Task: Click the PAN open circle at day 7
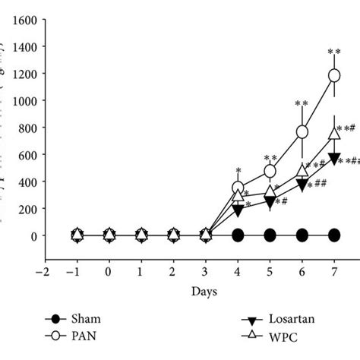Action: pos(334,75)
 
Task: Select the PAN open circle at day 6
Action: pos(302,131)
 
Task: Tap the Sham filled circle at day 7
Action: pos(334,235)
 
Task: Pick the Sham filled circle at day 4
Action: pos(238,235)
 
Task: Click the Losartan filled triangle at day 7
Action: pos(334,158)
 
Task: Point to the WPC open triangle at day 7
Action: pos(334,134)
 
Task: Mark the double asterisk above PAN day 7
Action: pos(334,52)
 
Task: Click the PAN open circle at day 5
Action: pos(270,172)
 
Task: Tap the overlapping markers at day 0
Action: pos(109,235)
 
